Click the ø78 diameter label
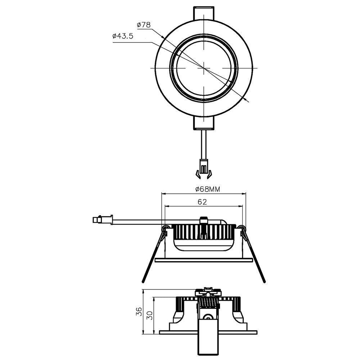[x=144, y=25]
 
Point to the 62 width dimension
[x=202, y=202]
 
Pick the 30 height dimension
[x=150, y=315]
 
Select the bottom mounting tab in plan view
[x=204, y=123]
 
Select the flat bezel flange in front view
[x=204, y=260]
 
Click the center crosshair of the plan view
[x=204, y=67]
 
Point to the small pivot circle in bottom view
[x=207, y=317]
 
